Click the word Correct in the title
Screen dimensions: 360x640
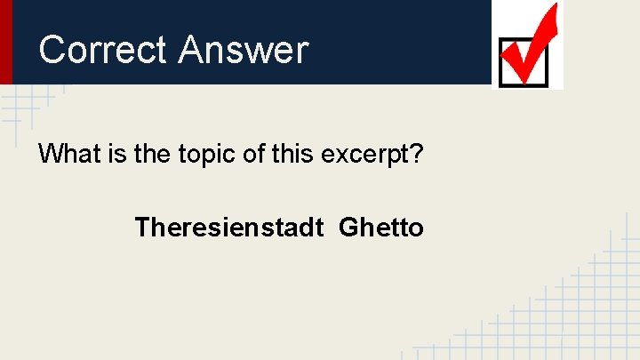coord(102,50)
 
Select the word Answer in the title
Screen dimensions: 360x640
coord(242,50)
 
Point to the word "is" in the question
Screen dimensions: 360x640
coord(120,154)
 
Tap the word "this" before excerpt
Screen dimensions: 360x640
coord(296,154)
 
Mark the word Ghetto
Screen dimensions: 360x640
coord(381,228)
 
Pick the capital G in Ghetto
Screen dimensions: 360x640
coord(349,228)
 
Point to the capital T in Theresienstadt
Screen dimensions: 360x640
coord(142,228)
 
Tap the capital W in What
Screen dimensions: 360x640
coord(50,154)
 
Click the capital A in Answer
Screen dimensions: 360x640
coord(191,50)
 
